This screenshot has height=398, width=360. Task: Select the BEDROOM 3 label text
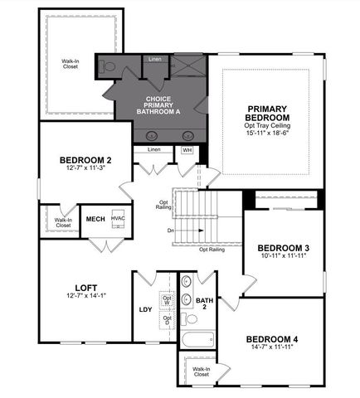tap(283, 249)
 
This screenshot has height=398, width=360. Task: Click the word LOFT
tap(87, 288)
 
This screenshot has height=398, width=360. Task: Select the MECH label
tap(95, 219)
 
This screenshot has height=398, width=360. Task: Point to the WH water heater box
tap(187, 151)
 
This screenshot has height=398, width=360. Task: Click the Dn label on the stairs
tap(171, 231)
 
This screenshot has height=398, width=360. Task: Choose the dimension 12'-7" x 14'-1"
tap(87, 296)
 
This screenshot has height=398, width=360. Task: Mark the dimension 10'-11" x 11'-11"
tap(283, 257)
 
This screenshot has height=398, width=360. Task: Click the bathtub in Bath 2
tap(197, 339)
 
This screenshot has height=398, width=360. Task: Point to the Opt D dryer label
tap(167, 318)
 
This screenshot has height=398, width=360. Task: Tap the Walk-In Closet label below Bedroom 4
tap(200, 371)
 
